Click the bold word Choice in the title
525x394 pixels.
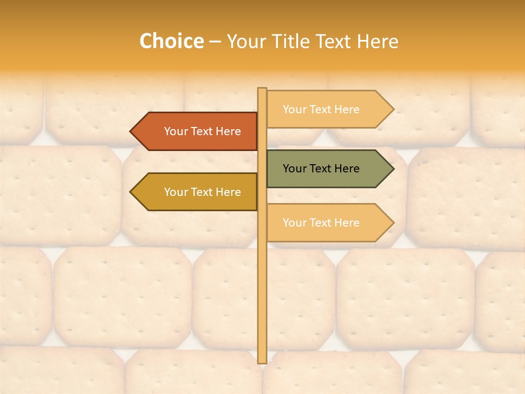[x=171, y=42]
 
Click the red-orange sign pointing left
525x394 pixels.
[x=197, y=131]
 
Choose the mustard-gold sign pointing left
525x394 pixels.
[x=197, y=192]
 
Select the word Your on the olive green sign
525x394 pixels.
[x=294, y=169]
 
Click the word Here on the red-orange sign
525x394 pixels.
[x=228, y=131]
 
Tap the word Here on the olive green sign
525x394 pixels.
[x=347, y=169]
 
